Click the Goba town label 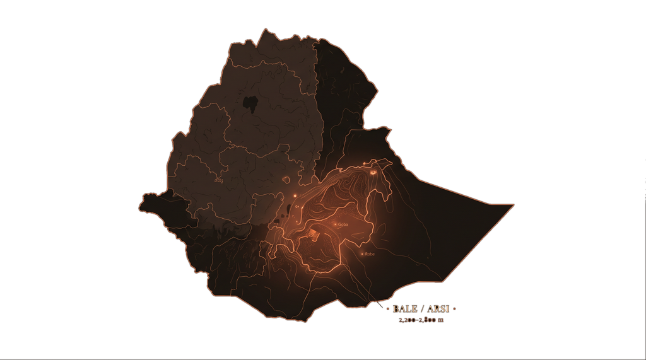[344, 224]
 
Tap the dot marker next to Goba [336, 224]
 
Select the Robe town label [370, 254]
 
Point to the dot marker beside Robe [362, 254]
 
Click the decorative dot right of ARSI [454, 309]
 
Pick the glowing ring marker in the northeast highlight [373, 171]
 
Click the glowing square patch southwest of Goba [314, 235]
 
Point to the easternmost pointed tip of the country [514, 204]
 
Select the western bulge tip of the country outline [139, 206]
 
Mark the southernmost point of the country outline [306, 322]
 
